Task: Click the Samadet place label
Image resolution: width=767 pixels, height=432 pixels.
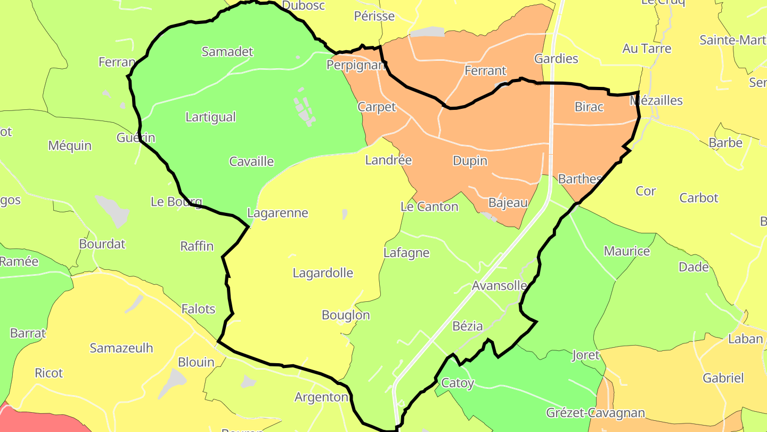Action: tap(227, 52)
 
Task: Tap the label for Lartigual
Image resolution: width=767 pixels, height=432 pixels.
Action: tap(210, 117)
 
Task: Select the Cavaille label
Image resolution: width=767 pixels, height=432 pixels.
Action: tap(251, 162)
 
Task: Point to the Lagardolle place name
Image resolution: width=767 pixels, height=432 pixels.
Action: tap(323, 273)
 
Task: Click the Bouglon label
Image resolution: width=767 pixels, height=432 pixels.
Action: tap(346, 315)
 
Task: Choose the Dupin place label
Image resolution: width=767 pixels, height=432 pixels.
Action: tap(470, 161)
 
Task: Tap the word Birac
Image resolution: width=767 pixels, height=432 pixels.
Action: tap(589, 107)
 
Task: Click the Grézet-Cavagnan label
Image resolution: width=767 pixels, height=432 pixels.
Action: tap(595, 413)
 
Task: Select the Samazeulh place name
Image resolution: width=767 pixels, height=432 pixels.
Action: tap(121, 348)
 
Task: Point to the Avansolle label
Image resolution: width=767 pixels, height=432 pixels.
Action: tap(500, 286)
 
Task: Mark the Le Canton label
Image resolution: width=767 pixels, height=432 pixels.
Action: tap(429, 207)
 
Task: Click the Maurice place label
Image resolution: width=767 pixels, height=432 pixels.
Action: tap(627, 251)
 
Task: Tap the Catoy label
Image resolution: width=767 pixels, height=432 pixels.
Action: tap(458, 383)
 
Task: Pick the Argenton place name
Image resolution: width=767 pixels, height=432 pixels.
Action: tap(321, 397)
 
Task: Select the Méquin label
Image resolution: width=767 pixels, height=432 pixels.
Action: tap(70, 146)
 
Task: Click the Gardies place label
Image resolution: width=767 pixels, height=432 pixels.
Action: tap(556, 59)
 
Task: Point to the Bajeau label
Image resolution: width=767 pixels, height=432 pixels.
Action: tap(508, 203)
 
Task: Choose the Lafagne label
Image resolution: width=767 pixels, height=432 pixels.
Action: tap(406, 253)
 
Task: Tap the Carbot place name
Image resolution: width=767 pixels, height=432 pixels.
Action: tap(699, 198)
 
